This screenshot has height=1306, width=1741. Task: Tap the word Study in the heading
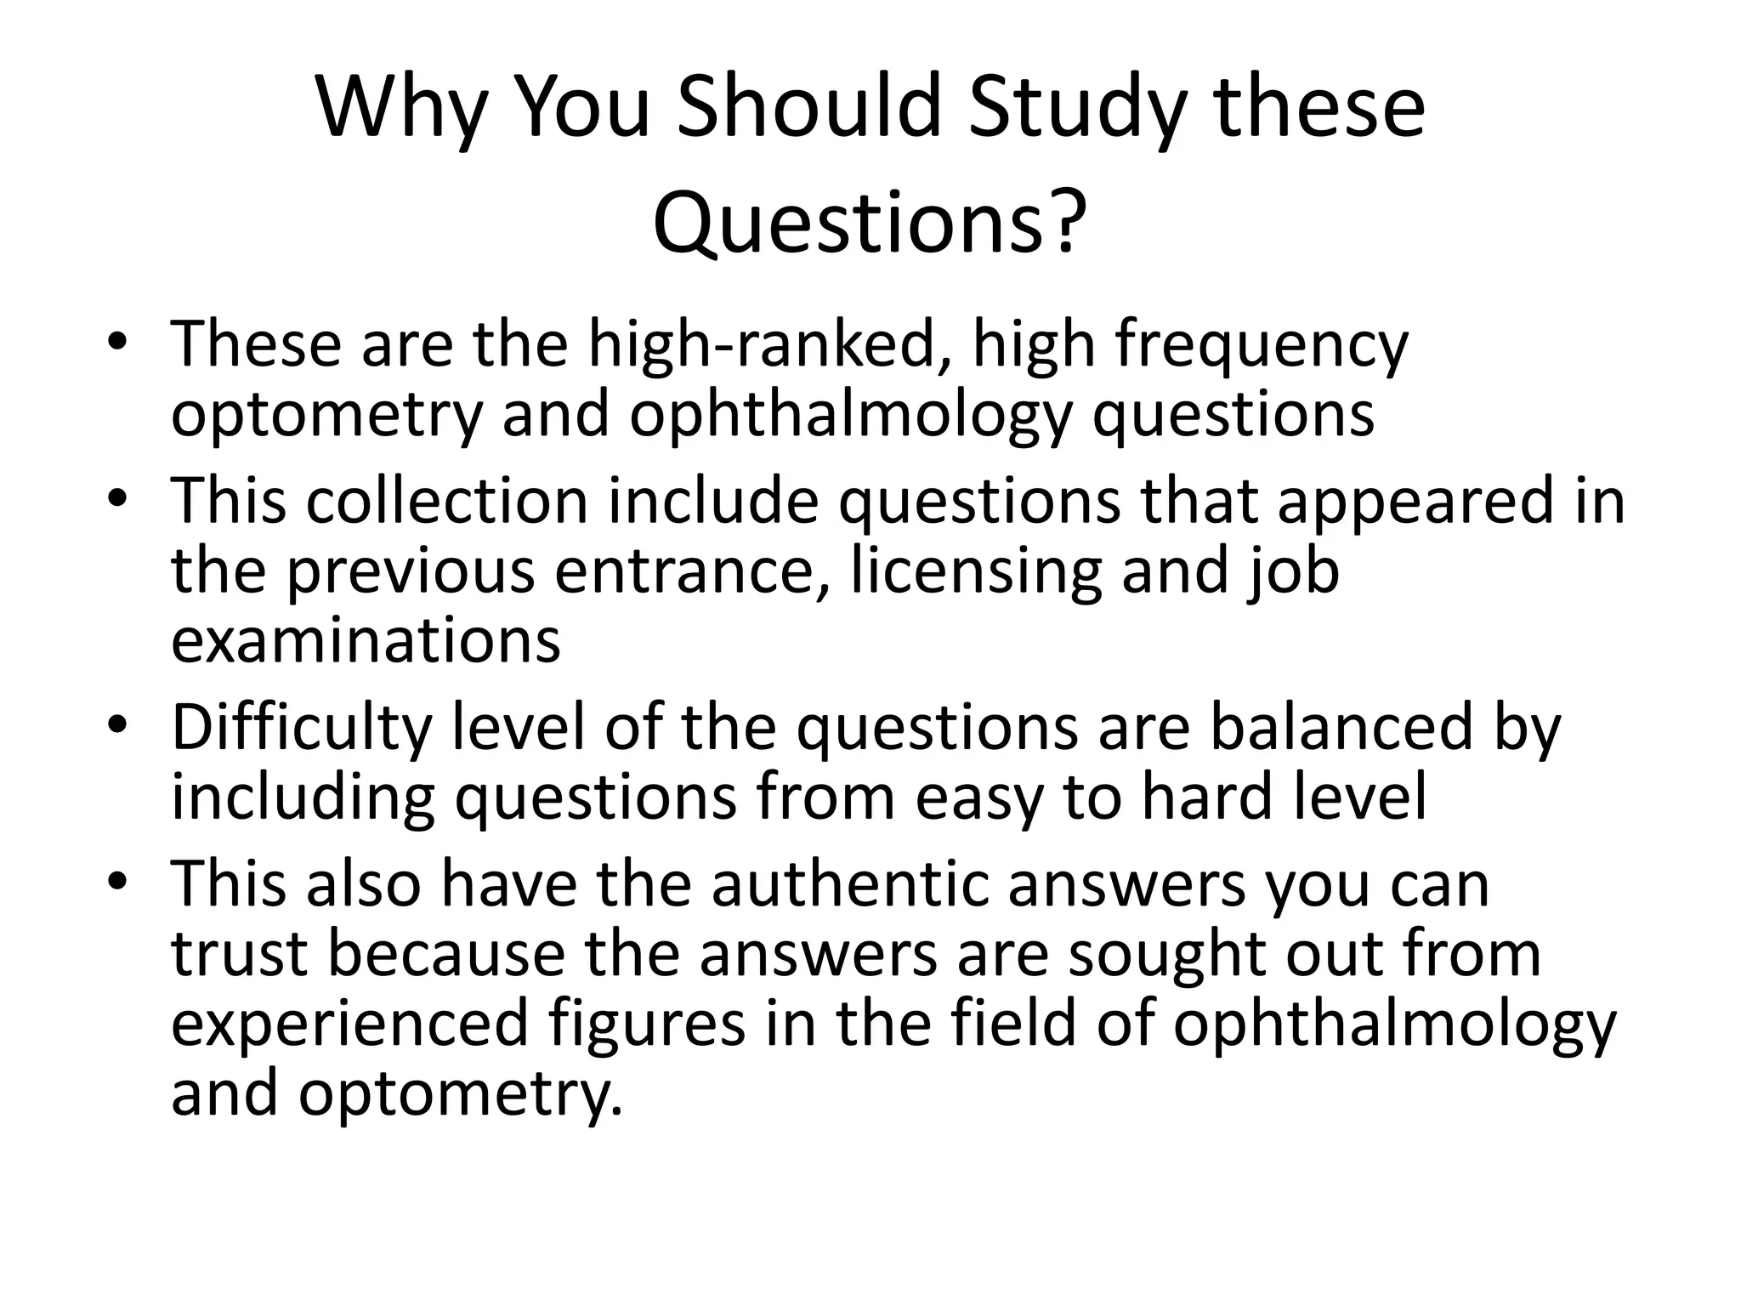click(1076, 108)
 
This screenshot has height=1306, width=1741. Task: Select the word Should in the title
click(809, 108)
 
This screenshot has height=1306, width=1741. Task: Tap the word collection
click(447, 501)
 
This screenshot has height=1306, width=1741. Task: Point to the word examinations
click(366, 641)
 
